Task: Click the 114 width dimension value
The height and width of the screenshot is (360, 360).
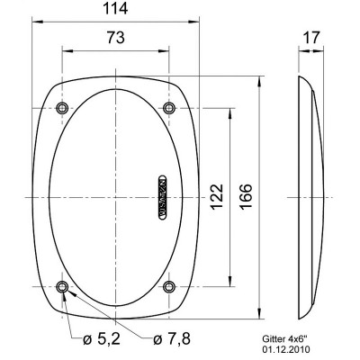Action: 114,10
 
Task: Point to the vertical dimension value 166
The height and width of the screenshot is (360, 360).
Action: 247,193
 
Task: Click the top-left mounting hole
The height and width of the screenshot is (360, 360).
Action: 61,109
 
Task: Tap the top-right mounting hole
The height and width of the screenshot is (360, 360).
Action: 169,109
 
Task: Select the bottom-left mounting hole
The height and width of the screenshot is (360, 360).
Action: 61,287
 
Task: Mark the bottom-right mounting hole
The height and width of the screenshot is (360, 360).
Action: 169,287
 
